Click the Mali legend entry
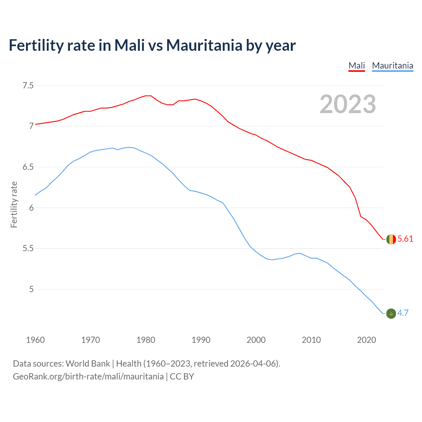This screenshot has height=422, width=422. pyautogui.click(x=357, y=66)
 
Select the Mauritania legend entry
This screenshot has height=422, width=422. pyautogui.click(x=392, y=66)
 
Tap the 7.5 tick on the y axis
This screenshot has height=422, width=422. pyautogui.click(x=28, y=86)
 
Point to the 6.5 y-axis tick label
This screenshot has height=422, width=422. pyautogui.click(x=28, y=167)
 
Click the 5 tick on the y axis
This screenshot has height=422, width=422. pyautogui.click(x=31, y=289)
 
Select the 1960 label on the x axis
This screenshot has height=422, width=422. pyautogui.click(x=35, y=340)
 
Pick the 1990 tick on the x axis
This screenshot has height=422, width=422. pyautogui.click(x=201, y=340)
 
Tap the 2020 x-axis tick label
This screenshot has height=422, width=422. pyautogui.click(x=366, y=340)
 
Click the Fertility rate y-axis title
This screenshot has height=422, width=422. pyautogui.click(x=14, y=204)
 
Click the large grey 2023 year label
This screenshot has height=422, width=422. pyautogui.click(x=347, y=105)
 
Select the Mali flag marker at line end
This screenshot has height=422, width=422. pyautogui.click(x=391, y=239)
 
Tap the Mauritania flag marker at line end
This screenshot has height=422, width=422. pyautogui.click(x=391, y=314)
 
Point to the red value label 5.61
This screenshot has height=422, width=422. pyautogui.click(x=405, y=239)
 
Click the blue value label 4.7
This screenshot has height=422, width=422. pyautogui.click(x=403, y=313)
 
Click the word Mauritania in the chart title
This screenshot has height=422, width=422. pyautogui.click(x=204, y=45)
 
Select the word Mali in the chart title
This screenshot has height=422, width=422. pyautogui.click(x=130, y=45)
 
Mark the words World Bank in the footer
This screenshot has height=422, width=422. pyautogui.click(x=88, y=364)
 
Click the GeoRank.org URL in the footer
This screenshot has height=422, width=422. pyautogui.click(x=88, y=377)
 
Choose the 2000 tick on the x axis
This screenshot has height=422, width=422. pyautogui.click(x=256, y=340)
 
